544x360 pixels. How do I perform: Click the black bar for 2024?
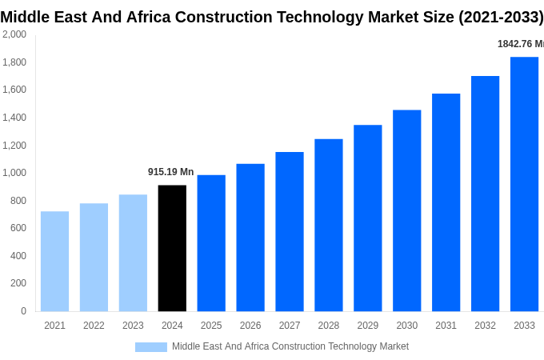(x=172, y=248)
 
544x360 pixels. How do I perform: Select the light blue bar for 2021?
(x=54, y=261)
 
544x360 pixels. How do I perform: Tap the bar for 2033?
(x=524, y=184)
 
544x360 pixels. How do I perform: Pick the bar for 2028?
(x=328, y=225)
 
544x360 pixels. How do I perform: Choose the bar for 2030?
(x=406, y=210)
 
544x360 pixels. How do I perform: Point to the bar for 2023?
(x=133, y=253)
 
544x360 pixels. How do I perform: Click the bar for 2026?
(x=250, y=238)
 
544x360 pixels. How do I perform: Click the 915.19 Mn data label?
(x=170, y=172)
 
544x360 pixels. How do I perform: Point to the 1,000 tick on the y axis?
(x=14, y=173)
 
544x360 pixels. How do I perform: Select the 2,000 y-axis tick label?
(x=14, y=34)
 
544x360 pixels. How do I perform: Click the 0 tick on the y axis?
(x=23, y=311)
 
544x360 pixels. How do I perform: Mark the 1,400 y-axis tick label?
(x=14, y=118)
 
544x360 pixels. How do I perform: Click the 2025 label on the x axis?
(x=211, y=326)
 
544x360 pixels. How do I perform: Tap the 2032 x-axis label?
(x=485, y=326)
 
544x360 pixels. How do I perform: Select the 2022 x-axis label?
(x=94, y=326)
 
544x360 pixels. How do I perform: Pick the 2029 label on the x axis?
(x=367, y=326)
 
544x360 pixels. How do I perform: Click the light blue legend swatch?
(x=150, y=347)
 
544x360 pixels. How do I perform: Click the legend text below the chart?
(x=290, y=346)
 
